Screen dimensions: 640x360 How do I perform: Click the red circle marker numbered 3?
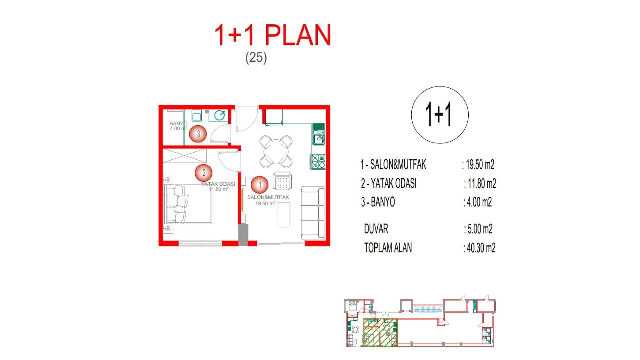pyautogui.click(x=198, y=134)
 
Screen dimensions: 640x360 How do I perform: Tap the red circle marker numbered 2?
pyautogui.click(x=204, y=173)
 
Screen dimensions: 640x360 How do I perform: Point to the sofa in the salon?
pyautogui.click(x=313, y=213)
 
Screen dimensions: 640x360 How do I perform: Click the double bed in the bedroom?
pyautogui.click(x=188, y=205)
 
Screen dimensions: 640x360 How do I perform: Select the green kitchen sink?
pyautogui.click(x=319, y=134)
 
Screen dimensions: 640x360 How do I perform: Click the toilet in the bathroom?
pyautogui.click(x=219, y=115)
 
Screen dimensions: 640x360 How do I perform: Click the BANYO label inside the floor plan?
pyautogui.click(x=178, y=124)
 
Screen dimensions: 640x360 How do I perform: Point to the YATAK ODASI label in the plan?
pyautogui.click(x=218, y=184)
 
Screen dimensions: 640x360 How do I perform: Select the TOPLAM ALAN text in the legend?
pyautogui.click(x=388, y=248)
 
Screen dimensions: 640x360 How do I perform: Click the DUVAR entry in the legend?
pyautogui.click(x=376, y=229)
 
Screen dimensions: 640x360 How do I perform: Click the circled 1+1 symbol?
pyautogui.click(x=440, y=115)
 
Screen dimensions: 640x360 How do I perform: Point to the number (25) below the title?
pyautogui.click(x=256, y=58)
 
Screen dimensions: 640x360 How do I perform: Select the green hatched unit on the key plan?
pyautogui.click(x=380, y=332)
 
